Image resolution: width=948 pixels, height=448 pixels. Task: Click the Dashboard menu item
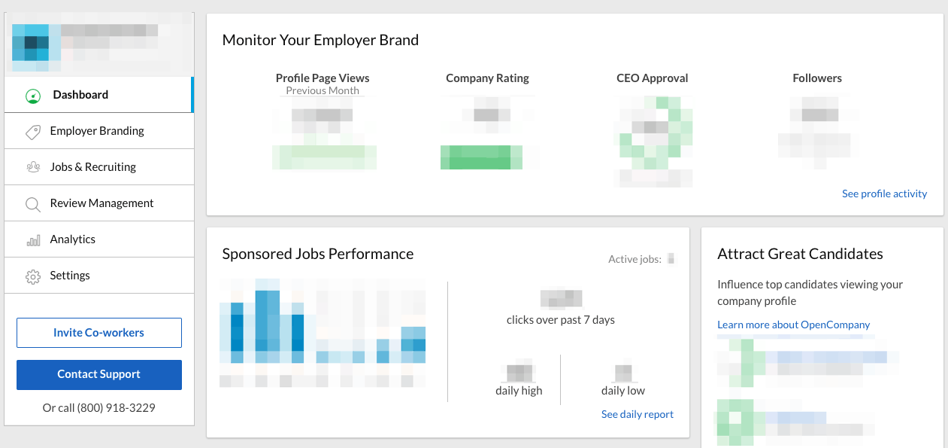[80, 95]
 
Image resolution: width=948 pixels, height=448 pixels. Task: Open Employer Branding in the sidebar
[97, 131]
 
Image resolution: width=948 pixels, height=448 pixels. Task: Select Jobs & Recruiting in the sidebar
[93, 167]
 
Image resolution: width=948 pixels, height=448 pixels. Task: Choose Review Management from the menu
[101, 203]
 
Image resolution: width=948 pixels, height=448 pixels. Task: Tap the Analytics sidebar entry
[73, 239]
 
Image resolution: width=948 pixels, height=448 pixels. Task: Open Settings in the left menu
[70, 276]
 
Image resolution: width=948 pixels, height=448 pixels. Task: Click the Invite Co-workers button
[99, 333]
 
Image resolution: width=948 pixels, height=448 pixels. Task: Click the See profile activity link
[884, 194]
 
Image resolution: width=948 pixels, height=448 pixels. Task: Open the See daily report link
[638, 414]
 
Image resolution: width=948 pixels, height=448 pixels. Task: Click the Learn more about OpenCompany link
[793, 325]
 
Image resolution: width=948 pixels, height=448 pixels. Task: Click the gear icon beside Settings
[33, 276]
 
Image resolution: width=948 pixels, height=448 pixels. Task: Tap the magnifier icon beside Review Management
[33, 204]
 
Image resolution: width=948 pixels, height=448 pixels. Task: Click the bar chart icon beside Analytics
[33, 240]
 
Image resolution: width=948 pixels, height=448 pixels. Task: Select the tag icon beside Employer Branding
[33, 132]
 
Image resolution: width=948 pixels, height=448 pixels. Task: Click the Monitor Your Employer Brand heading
[320, 40]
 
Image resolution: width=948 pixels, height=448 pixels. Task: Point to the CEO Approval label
[652, 78]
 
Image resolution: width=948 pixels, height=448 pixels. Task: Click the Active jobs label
[635, 259]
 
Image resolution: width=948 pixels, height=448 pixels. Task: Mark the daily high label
[519, 391]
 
